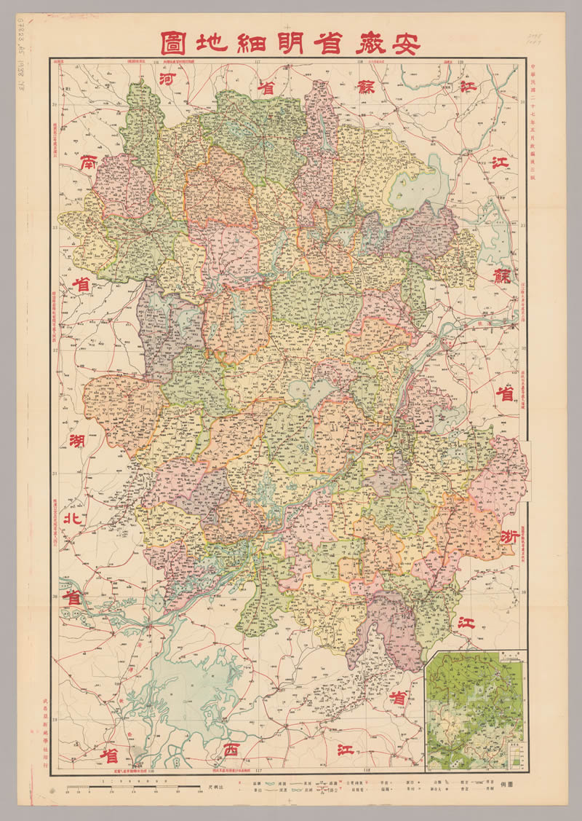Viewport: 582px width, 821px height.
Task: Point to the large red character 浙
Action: tap(509, 537)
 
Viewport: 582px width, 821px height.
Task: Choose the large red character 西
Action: tap(231, 749)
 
